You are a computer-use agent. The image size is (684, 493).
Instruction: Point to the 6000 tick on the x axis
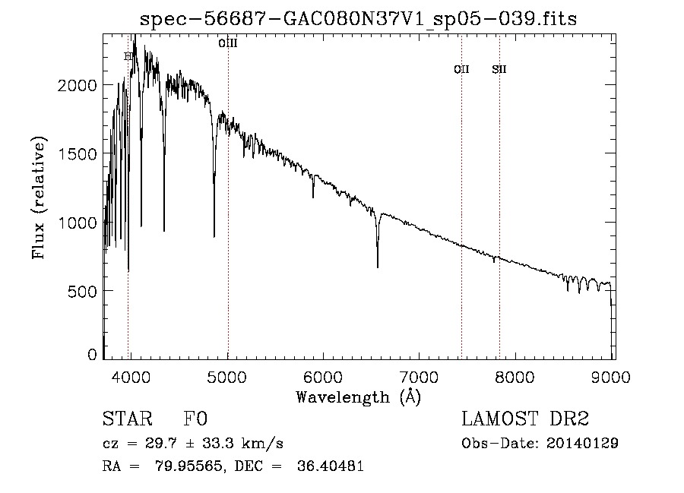coord(324,376)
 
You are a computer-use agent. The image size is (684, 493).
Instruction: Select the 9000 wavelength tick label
coord(613,376)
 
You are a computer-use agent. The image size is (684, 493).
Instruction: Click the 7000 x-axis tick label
coord(420,376)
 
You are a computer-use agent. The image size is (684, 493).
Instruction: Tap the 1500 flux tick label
coord(78,153)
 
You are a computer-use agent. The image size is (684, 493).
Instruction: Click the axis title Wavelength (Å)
coord(358,397)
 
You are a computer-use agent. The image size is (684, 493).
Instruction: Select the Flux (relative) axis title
coord(39,198)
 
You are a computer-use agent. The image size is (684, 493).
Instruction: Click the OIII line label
coord(228,44)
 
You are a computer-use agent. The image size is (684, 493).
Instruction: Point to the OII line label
coord(461,70)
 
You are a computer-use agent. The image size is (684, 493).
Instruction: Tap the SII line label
coord(499,70)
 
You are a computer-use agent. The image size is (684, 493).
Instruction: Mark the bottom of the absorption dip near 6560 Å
coord(378,266)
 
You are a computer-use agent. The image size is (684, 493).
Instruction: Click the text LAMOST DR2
coord(525,419)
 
